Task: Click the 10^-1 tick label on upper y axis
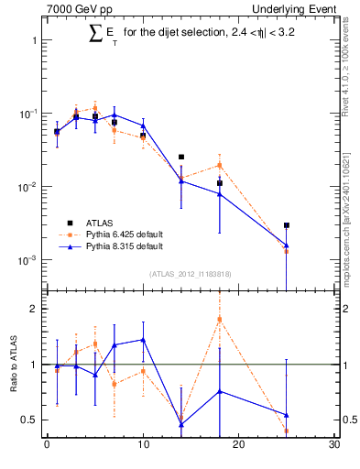(x=27, y=114)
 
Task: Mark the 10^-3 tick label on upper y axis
(x=27, y=260)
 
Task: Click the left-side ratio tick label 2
(x=33, y=309)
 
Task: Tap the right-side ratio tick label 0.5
(x=348, y=420)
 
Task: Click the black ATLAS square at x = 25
(x=287, y=224)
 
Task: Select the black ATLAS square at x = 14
(x=181, y=158)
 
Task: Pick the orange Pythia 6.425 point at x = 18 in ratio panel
(x=220, y=319)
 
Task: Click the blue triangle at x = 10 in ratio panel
(x=143, y=339)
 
